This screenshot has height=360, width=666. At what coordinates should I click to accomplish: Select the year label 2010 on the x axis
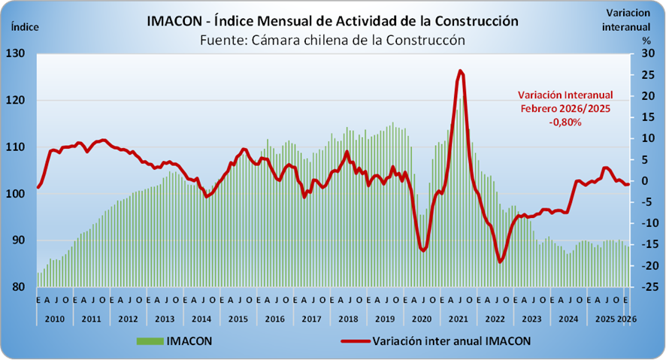click(x=53, y=319)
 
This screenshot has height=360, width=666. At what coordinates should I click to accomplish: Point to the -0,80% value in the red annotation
click(x=566, y=123)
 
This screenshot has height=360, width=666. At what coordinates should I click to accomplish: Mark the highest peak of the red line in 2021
click(x=460, y=71)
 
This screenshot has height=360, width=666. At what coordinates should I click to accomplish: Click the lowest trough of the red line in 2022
click(x=500, y=262)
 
